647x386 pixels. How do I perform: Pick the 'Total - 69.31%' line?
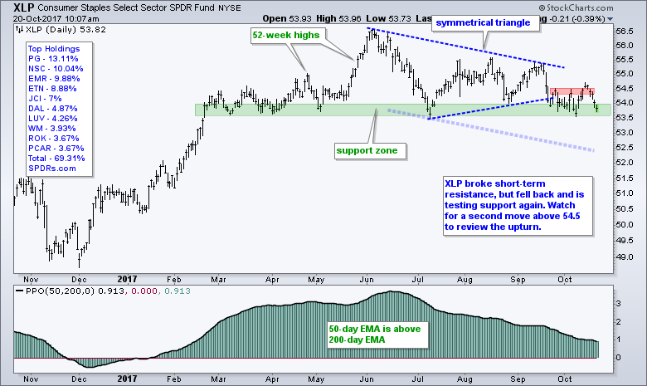click(x=48, y=157)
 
